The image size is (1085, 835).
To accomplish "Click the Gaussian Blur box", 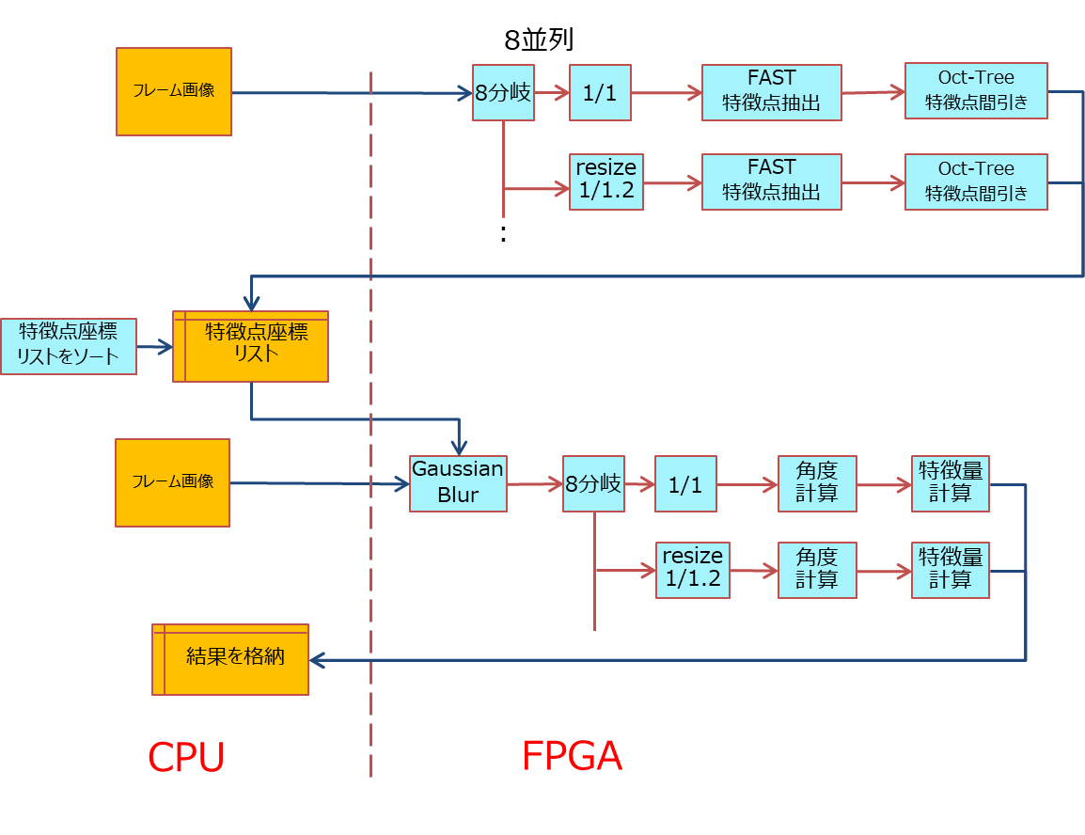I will coord(458,482).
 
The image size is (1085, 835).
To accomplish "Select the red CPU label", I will coord(186,757).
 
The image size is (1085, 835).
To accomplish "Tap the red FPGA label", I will coord(572,757).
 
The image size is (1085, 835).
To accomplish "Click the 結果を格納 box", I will coord(230,659).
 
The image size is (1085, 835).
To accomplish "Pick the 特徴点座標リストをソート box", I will coord(69,346).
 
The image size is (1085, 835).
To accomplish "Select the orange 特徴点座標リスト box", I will coord(250,346).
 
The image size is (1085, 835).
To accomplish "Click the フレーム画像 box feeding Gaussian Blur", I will coord(172,482).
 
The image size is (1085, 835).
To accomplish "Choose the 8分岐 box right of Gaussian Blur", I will coord(593,483).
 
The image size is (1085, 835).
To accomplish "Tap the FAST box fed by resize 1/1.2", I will coord(771,181).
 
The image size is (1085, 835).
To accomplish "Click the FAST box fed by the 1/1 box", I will coord(771,92).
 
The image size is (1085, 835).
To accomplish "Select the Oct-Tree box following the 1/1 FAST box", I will coord(976,91).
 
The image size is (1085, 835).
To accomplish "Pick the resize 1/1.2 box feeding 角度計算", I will coord(693,570).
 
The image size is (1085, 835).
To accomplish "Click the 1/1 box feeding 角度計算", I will coord(685,484).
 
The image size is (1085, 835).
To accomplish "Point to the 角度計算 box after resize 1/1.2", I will coord(817,570).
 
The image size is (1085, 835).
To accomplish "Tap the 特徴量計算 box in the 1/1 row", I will coord(950,483).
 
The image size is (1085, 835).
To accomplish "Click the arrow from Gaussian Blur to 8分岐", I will coord(534,484).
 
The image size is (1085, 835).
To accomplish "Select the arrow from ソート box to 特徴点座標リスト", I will coord(155,347).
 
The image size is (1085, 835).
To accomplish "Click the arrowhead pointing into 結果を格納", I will coord(317,660).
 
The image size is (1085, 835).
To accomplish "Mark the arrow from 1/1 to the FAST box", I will coord(666,93).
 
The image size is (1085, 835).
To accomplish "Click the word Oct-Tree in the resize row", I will coord(976,169).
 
